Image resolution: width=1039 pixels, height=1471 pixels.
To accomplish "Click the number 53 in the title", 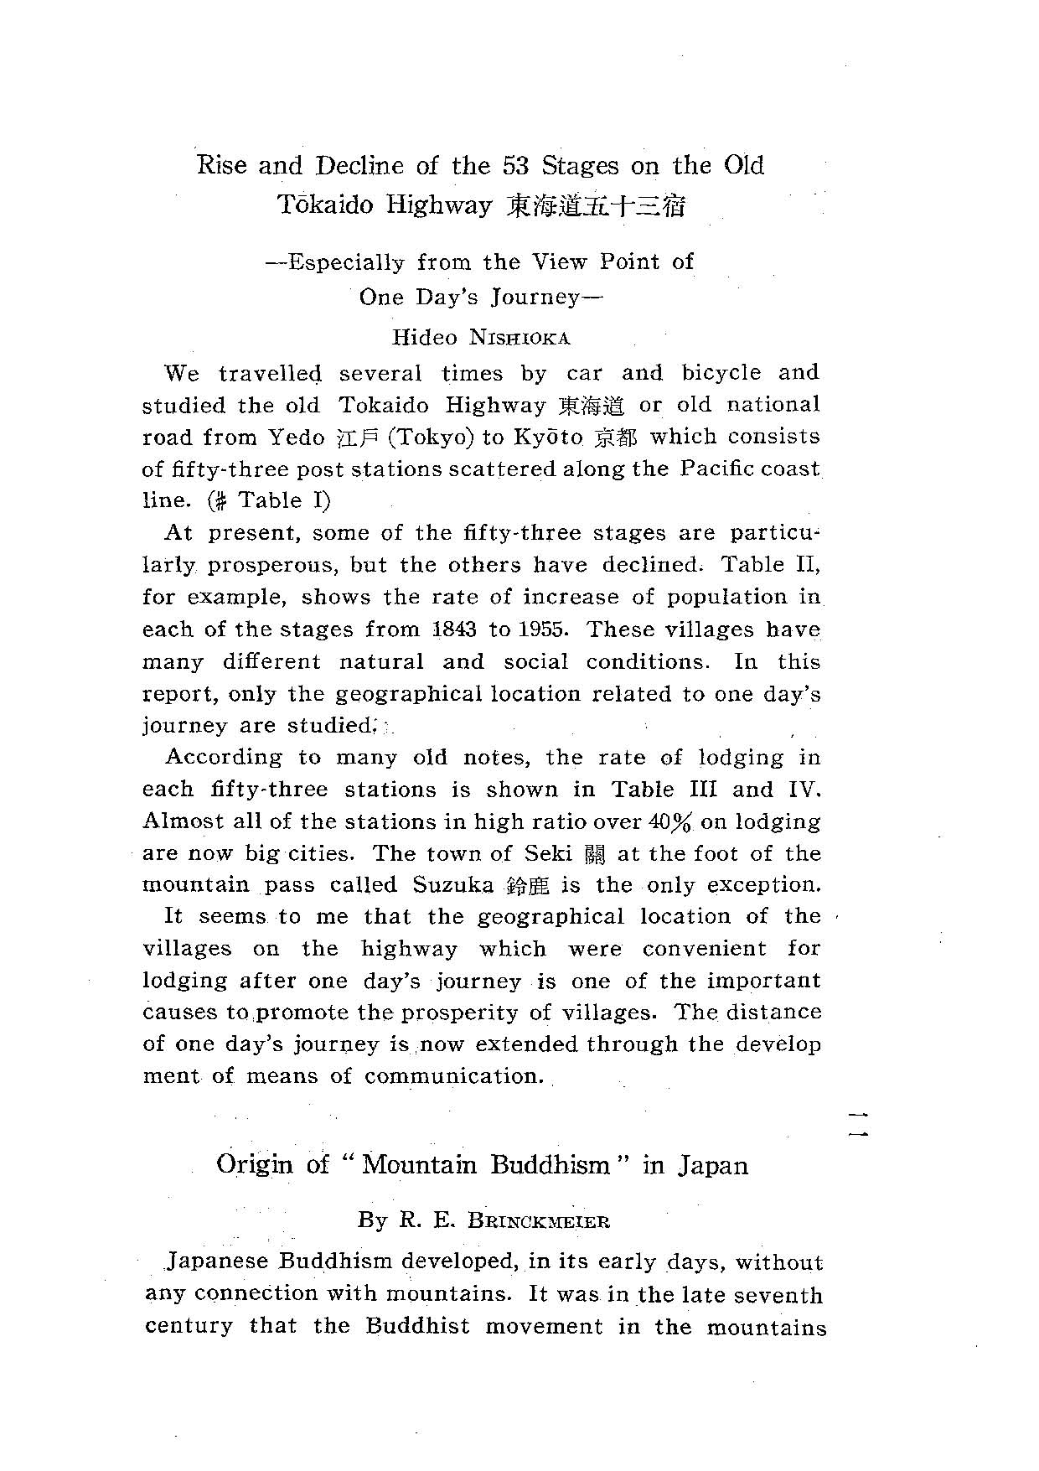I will click(515, 165).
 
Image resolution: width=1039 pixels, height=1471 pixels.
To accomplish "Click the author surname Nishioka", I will click(519, 339).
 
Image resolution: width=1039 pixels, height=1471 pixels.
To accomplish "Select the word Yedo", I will click(296, 438).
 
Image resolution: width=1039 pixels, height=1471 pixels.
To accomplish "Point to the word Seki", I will click(548, 854).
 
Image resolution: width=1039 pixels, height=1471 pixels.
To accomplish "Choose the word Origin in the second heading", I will click(255, 1165).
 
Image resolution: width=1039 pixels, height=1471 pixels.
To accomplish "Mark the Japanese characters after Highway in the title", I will click(596, 206).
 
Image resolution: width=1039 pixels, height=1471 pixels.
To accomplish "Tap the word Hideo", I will click(425, 339).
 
